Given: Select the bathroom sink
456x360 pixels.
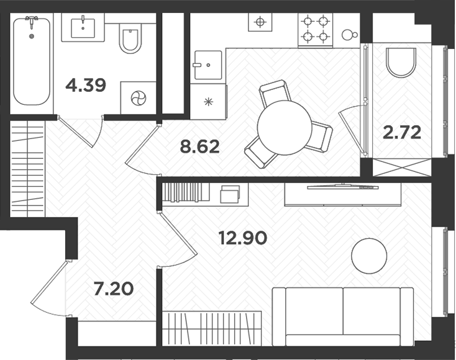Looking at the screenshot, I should click(x=83, y=28).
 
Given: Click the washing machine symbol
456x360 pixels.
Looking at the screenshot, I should click(x=137, y=98).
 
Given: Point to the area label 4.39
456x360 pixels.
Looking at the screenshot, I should click(x=86, y=85).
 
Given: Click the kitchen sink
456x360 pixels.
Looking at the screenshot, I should click(x=207, y=65).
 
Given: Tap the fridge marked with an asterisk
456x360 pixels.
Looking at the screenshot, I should click(x=207, y=101).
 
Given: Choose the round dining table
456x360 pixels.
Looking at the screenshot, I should click(x=284, y=127).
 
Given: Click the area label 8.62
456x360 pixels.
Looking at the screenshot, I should click(x=200, y=147).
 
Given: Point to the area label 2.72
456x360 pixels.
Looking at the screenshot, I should click(x=402, y=132).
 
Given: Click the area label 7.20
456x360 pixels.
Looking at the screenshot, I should click(x=112, y=289).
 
